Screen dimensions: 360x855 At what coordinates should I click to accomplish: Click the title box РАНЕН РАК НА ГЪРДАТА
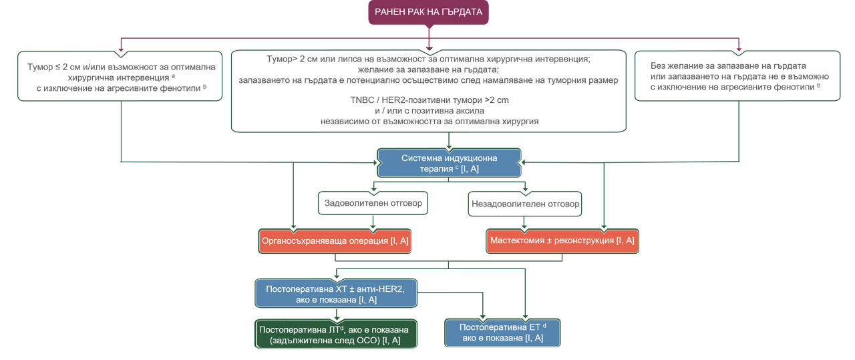point(429,11)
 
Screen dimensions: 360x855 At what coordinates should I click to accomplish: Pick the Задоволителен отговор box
point(373,203)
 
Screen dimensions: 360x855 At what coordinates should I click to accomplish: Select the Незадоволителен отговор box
point(526,203)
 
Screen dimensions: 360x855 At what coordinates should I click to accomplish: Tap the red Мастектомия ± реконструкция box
point(562,240)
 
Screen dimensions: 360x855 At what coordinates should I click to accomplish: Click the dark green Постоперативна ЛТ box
point(336,334)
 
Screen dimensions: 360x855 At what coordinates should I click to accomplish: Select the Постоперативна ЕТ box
point(502,333)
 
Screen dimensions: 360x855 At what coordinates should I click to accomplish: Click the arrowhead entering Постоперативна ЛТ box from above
point(336,317)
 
